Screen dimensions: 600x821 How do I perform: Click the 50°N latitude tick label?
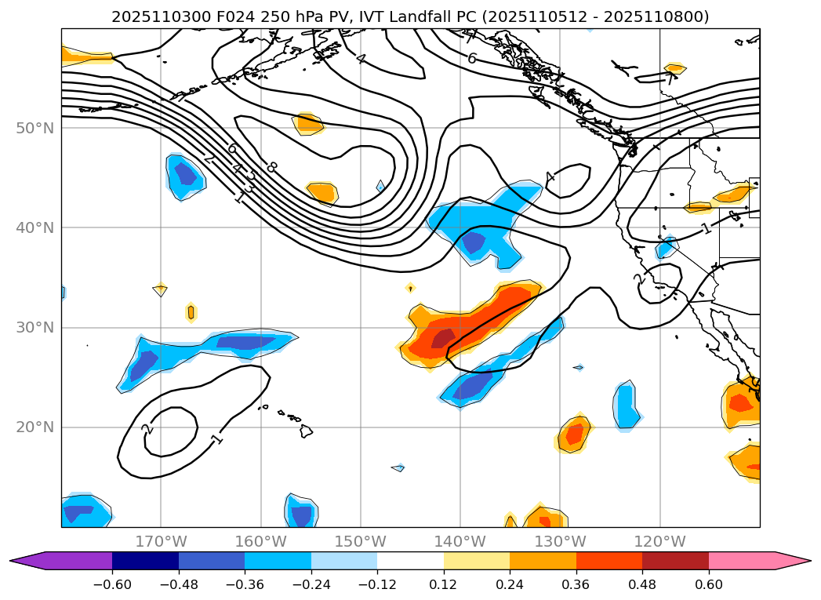[36, 128]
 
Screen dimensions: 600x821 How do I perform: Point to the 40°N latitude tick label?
[36, 227]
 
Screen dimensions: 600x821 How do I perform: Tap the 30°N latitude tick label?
[36, 327]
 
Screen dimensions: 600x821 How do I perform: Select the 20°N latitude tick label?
[36, 427]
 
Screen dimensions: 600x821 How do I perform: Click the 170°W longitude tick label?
[161, 541]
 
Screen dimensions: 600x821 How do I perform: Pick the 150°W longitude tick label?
[361, 541]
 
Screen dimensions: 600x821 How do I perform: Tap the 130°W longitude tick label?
[560, 541]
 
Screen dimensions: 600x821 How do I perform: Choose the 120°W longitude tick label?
[659, 541]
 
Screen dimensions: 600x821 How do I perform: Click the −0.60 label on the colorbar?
[112, 584]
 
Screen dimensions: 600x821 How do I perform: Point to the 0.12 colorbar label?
[444, 584]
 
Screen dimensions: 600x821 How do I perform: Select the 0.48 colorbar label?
[642, 584]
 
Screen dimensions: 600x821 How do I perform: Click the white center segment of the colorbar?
[410, 561]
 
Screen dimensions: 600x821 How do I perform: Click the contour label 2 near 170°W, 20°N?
[147, 430]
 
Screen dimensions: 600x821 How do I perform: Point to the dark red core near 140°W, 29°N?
[443, 338]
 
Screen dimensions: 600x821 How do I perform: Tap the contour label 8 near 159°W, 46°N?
[271, 167]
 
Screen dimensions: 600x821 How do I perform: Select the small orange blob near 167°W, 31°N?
[191, 312]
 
